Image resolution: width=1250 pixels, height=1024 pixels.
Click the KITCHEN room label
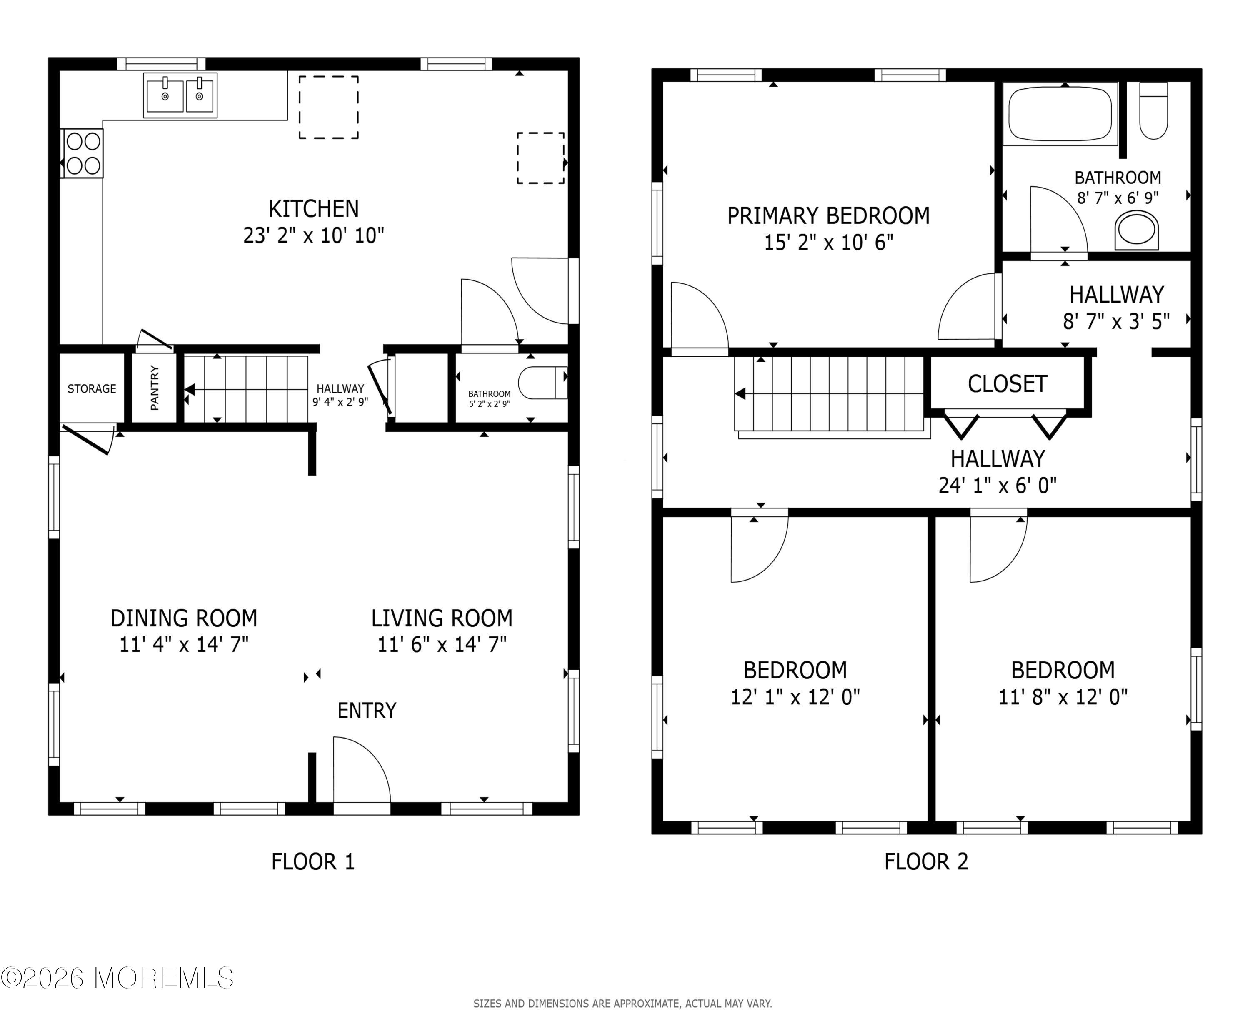(x=314, y=209)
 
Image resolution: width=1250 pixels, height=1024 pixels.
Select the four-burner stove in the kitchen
(x=82, y=153)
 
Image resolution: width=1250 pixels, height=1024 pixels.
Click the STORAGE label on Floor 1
(x=92, y=389)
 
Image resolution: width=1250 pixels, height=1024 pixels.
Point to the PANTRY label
(x=155, y=388)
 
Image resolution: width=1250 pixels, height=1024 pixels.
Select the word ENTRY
(x=367, y=710)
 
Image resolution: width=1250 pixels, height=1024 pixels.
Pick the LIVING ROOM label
(x=442, y=618)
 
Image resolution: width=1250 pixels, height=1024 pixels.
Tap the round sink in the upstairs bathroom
(x=1137, y=230)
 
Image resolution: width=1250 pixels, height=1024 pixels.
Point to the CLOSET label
(x=1007, y=384)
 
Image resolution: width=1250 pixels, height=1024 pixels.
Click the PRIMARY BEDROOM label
(x=828, y=216)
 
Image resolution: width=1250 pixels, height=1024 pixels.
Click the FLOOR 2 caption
(x=926, y=862)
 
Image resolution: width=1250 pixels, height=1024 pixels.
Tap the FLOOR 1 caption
(x=313, y=862)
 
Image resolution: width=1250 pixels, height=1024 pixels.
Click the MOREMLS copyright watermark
(x=117, y=977)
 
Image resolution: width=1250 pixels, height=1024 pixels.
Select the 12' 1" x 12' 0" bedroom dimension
(x=795, y=697)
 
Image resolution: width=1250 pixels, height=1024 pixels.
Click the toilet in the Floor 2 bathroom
(x=1153, y=111)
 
